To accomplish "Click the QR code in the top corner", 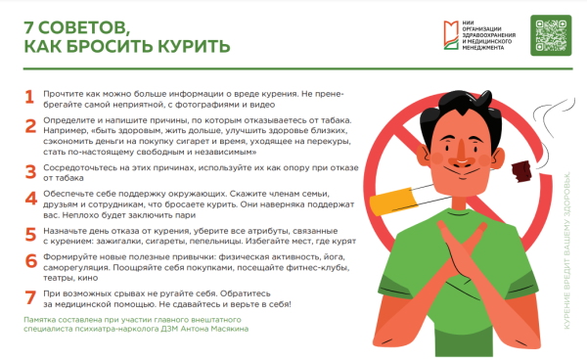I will click(551, 37).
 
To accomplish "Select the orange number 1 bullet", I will click(29, 97).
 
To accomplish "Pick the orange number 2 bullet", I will click(29, 124).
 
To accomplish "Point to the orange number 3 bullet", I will click(29, 170).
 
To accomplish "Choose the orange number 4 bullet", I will click(29, 198).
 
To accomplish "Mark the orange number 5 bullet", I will click(29, 235).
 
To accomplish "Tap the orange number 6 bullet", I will click(29, 262).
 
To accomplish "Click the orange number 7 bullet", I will click(29, 293).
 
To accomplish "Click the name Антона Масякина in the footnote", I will click(216, 330).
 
